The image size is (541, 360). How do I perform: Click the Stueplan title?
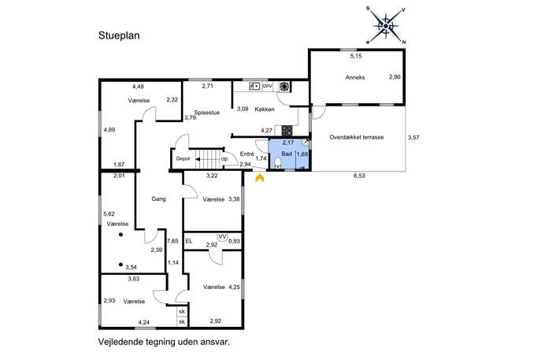pyautogui.click(x=119, y=36)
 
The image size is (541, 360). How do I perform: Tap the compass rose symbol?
pyautogui.click(x=386, y=25)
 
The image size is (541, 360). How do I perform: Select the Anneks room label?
pyautogui.click(x=355, y=77)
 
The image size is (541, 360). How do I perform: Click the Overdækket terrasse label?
pyautogui.click(x=357, y=137)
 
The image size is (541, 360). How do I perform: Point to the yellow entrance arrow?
pyautogui.click(x=259, y=178)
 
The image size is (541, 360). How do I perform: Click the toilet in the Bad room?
pyautogui.click(x=278, y=162)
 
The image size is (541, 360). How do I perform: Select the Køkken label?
pyautogui.click(x=265, y=109)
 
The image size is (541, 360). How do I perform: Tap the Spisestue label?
pyautogui.click(x=207, y=113)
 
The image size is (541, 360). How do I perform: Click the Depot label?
pyautogui.click(x=183, y=159)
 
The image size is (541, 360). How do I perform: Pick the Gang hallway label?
pyautogui.click(x=159, y=199)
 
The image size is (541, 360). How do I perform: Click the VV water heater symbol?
pyautogui.click(x=223, y=237)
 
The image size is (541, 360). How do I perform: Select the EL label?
pyautogui.click(x=189, y=241)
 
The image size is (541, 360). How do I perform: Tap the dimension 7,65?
pyautogui.click(x=172, y=241)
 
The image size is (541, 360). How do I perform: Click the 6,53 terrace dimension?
pyautogui.click(x=359, y=176)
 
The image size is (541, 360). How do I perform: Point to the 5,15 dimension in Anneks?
pyautogui.click(x=356, y=56)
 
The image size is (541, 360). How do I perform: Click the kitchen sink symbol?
pyautogui.click(x=254, y=87)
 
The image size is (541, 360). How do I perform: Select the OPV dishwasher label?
pyautogui.click(x=268, y=87)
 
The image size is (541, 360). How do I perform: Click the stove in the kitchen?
pyautogui.click(x=287, y=131)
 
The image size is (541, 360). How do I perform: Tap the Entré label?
pyautogui.click(x=247, y=154)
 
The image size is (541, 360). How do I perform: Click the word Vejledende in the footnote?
pyautogui.click(x=119, y=343)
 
